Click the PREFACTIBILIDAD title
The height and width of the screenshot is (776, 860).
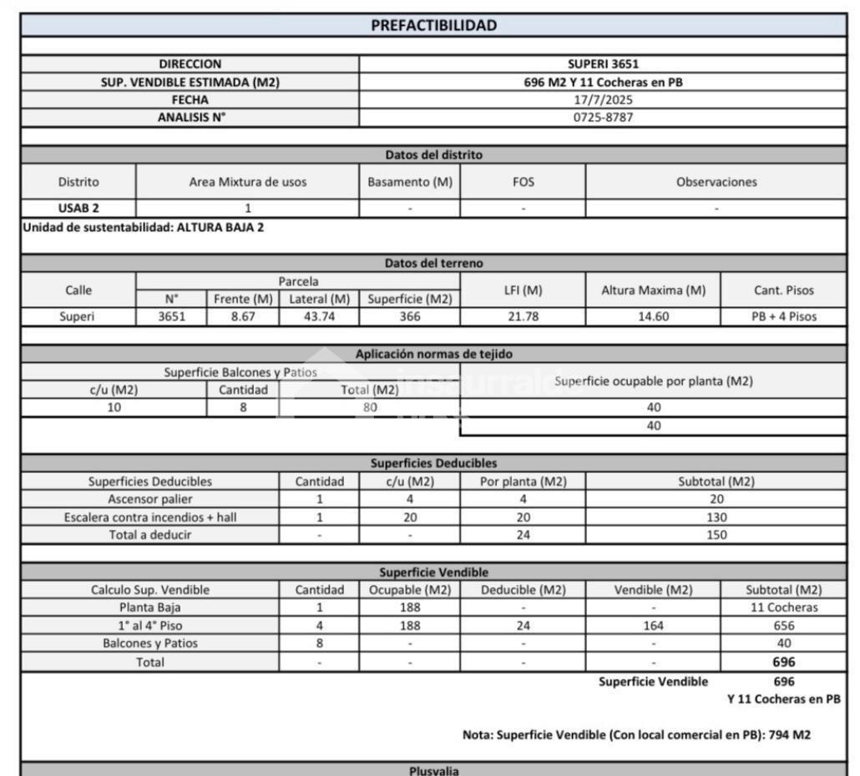pyautogui.click(x=433, y=25)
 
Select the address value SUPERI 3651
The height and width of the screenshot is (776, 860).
pyautogui.click(x=603, y=64)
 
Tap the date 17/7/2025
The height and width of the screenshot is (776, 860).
pyautogui.click(x=603, y=100)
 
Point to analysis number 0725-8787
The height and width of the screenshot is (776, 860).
pyautogui.click(x=603, y=118)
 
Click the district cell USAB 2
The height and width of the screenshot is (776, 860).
pyautogui.click(x=78, y=209)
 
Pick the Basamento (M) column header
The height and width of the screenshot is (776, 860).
pyautogui.click(x=409, y=182)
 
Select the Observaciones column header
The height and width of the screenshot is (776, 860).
pyautogui.click(x=716, y=182)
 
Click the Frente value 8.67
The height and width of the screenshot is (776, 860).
pyautogui.click(x=242, y=317)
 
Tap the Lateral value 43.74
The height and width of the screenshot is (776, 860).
pyautogui.click(x=319, y=317)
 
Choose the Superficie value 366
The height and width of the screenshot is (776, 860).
pyautogui.click(x=409, y=317)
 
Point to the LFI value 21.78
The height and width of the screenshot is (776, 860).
pyautogui.click(x=522, y=317)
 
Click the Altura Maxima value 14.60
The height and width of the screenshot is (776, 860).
pyautogui.click(x=652, y=317)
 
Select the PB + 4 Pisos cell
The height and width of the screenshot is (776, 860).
pyautogui.click(x=782, y=317)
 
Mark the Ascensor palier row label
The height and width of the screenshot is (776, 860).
pyautogui.click(x=150, y=499)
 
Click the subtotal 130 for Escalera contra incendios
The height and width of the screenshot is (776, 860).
pyautogui.click(x=716, y=517)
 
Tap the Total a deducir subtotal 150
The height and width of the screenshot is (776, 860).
pyautogui.click(x=716, y=535)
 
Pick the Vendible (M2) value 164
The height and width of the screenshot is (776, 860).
pyautogui.click(x=652, y=626)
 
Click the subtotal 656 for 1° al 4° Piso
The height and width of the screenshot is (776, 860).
pyautogui.click(x=783, y=626)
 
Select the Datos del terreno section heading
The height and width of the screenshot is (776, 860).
pyautogui.click(x=433, y=264)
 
